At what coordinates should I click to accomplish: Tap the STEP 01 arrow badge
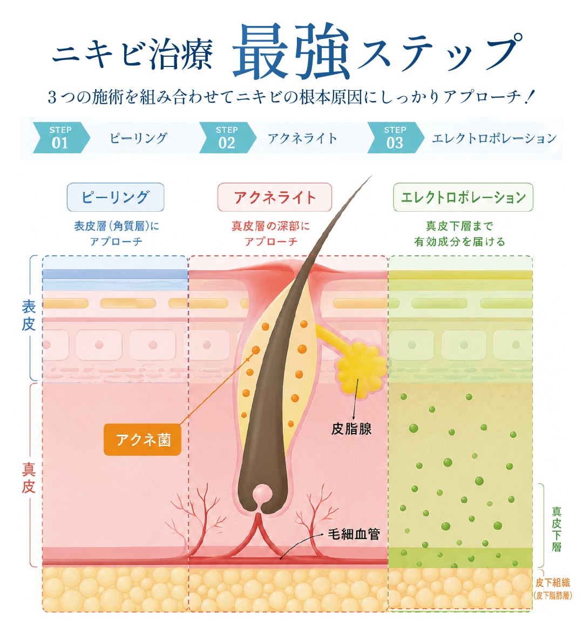point(60,137)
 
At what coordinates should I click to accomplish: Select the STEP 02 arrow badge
point(227,137)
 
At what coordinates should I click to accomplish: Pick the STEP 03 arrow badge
point(396,137)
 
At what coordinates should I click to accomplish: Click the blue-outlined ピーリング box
point(116,197)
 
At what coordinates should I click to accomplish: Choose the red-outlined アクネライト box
point(274,197)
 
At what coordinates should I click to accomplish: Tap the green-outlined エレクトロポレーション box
point(463,197)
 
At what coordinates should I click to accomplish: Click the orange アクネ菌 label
point(143,440)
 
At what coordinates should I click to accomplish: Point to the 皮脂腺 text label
point(351,429)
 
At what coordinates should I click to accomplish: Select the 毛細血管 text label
point(354,534)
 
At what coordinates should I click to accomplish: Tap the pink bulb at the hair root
point(262,495)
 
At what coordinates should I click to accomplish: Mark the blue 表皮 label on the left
point(29,316)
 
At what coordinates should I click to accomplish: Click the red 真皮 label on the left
point(29,478)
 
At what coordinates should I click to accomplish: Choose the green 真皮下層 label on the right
point(557,529)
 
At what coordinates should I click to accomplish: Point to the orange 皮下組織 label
point(553,583)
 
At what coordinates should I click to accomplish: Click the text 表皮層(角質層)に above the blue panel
point(117,226)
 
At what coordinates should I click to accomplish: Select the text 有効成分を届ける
point(459,242)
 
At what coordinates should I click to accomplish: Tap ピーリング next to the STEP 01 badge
point(138,138)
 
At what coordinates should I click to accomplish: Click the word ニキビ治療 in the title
point(132,54)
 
